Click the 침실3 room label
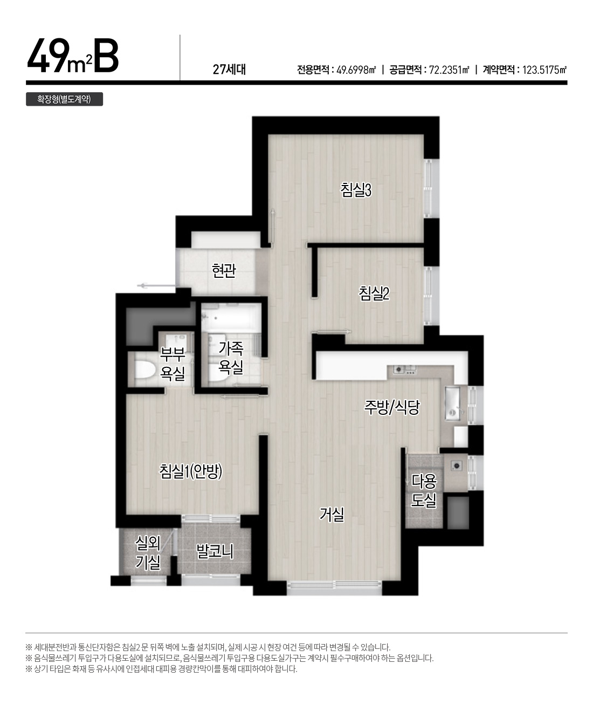(x=356, y=189)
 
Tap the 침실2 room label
(x=374, y=293)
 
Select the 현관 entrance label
(x=223, y=271)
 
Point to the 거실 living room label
(x=332, y=515)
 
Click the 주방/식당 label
(x=391, y=407)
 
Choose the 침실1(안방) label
(x=191, y=471)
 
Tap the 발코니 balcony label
(x=215, y=552)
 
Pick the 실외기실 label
(x=148, y=553)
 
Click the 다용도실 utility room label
(x=424, y=491)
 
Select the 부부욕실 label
(x=173, y=364)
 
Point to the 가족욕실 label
(x=231, y=358)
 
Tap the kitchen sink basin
(x=452, y=403)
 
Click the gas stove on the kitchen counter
(x=404, y=369)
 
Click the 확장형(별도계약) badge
(x=64, y=99)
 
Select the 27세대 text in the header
(x=230, y=69)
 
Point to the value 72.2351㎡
(x=449, y=70)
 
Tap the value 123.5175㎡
(x=544, y=70)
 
